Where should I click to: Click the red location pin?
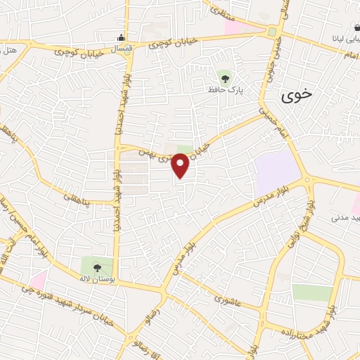pos(181,165)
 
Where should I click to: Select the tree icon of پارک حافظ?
pos(225,77)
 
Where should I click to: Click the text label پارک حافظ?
pos(225,89)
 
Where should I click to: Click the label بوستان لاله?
pos(96,278)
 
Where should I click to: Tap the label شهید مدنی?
pos(344,219)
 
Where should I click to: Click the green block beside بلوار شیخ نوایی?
pos(311,292)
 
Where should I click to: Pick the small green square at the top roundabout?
pos(271,31)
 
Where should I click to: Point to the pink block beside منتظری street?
pos(236,25)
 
